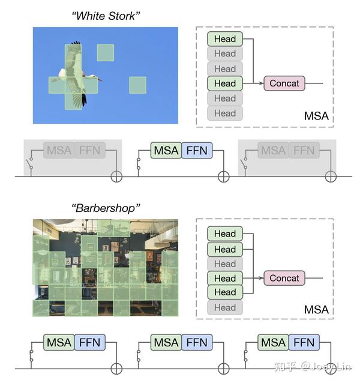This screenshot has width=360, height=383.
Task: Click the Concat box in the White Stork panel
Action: click(284, 83)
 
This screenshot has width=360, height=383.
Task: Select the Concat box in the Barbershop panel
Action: click(284, 278)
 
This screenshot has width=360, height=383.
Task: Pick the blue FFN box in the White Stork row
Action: click(197, 150)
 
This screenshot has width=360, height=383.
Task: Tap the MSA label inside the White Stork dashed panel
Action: click(316, 116)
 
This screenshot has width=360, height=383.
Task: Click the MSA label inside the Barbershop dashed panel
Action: click(316, 310)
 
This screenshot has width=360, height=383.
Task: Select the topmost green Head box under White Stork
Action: click(225, 39)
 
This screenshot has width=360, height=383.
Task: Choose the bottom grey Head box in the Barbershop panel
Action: click(225, 307)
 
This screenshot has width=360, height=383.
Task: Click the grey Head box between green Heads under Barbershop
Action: click(225, 264)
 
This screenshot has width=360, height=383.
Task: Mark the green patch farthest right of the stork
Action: click(137, 85)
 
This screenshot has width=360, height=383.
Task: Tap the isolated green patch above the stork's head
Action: click(106, 53)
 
